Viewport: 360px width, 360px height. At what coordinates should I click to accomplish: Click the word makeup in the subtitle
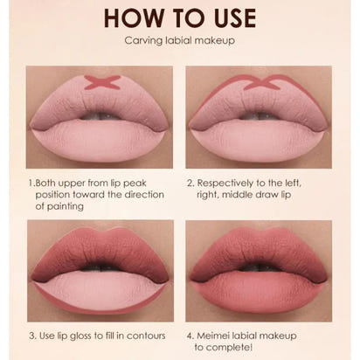(x=216, y=41)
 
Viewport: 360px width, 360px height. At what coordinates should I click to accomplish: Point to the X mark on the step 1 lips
(x=101, y=83)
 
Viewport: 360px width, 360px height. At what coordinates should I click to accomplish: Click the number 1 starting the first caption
(x=31, y=184)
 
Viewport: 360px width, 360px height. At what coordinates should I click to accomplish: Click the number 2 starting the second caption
(x=190, y=184)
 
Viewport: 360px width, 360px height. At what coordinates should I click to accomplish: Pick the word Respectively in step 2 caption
(x=229, y=184)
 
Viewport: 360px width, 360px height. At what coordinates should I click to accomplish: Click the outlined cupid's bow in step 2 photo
(x=260, y=85)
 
